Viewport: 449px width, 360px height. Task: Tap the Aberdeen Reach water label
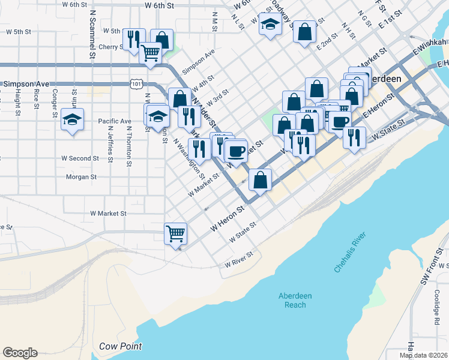pyautogui.click(x=295, y=299)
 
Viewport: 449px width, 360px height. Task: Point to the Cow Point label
pyautogui.click(x=120, y=346)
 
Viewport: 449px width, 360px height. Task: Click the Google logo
pyautogui.click(x=20, y=353)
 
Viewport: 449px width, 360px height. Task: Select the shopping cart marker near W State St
pyautogui.click(x=175, y=233)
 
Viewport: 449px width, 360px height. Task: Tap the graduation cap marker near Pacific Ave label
pyautogui.click(x=72, y=119)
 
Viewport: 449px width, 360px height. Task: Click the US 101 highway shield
pyautogui.click(x=136, y=85)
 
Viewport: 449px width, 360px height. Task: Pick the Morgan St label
pyautogui.click(x=81, y=177)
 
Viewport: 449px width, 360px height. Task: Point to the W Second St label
pyautogui.click(x=80, y=158)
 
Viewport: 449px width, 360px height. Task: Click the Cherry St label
pyautogui.click(x=111, y=47)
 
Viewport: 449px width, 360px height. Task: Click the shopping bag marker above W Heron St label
pyautogui.click(x=260, y=180)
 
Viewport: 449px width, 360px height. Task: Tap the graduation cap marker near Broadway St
pyautogui.click(x=270, y=25)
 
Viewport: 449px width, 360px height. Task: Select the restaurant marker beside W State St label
pyautogui.click(x=354, y=137)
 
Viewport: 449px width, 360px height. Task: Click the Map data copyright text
pyautogui.click(x=424, y=355)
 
